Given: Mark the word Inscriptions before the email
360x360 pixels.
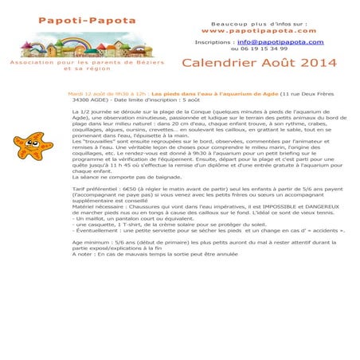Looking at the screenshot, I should [215, 41].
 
